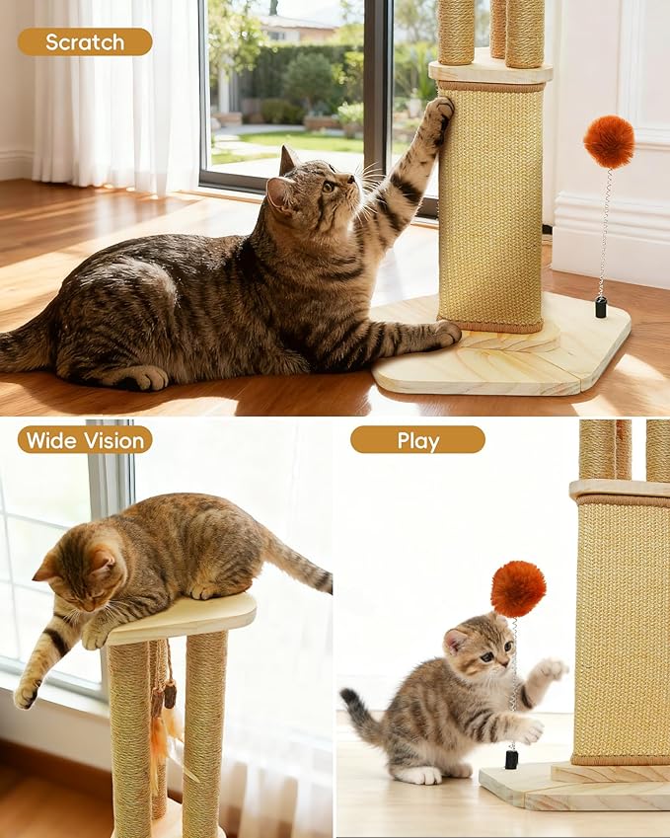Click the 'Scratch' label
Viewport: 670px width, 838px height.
click(85, 41)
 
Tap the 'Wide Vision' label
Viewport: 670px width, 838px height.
click(85, 439)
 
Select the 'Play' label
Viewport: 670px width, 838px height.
click(417, 439)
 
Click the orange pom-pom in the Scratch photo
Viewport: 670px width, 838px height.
click(609, 142)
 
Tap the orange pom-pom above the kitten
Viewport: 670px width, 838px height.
click(518, 588)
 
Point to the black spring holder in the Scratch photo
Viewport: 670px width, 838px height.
click(600, 307)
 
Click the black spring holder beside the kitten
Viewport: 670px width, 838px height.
click(511, 759)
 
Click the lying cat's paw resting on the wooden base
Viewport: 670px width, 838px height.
click(444, 335)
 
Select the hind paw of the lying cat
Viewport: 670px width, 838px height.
click(148, 378)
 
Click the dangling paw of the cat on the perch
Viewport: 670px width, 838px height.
click(27, 693)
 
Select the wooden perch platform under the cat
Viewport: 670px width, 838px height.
click(183, 618)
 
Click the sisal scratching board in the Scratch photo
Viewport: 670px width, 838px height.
click(490, 207)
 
